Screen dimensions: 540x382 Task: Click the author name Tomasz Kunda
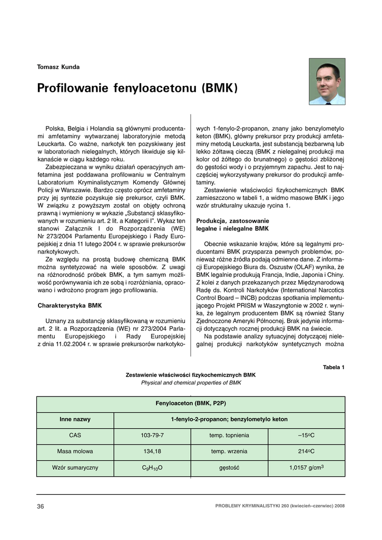[58, 67]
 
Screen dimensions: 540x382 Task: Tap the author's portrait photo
[327, 81]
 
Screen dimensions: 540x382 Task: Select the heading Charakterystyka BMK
[69, 305]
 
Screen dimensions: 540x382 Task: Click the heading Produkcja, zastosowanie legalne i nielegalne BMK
[232, 225]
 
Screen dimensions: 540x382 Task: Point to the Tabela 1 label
[334, 367]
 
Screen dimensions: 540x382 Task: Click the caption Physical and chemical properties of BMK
[191, 383]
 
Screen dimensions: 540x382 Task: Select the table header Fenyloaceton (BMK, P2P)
[191, 403]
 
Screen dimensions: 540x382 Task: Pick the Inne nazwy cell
[75, 420]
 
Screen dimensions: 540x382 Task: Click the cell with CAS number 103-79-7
[152, 436]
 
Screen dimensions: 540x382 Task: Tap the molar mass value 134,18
[152, 451]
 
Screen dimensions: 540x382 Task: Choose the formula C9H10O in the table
[152, 468]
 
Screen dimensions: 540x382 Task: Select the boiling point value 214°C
[306, 451]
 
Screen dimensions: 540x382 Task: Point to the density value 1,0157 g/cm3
[306, 468]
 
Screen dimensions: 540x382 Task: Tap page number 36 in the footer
[41, 507]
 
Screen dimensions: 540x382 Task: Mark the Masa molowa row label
[75, 451]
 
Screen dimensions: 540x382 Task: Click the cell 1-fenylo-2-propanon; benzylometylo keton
[229, 420]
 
